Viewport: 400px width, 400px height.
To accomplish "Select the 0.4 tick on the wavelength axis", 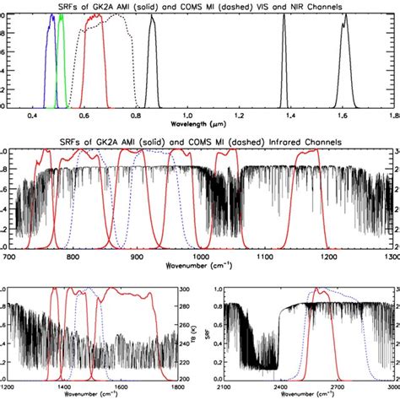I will (x=35, y=114).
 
